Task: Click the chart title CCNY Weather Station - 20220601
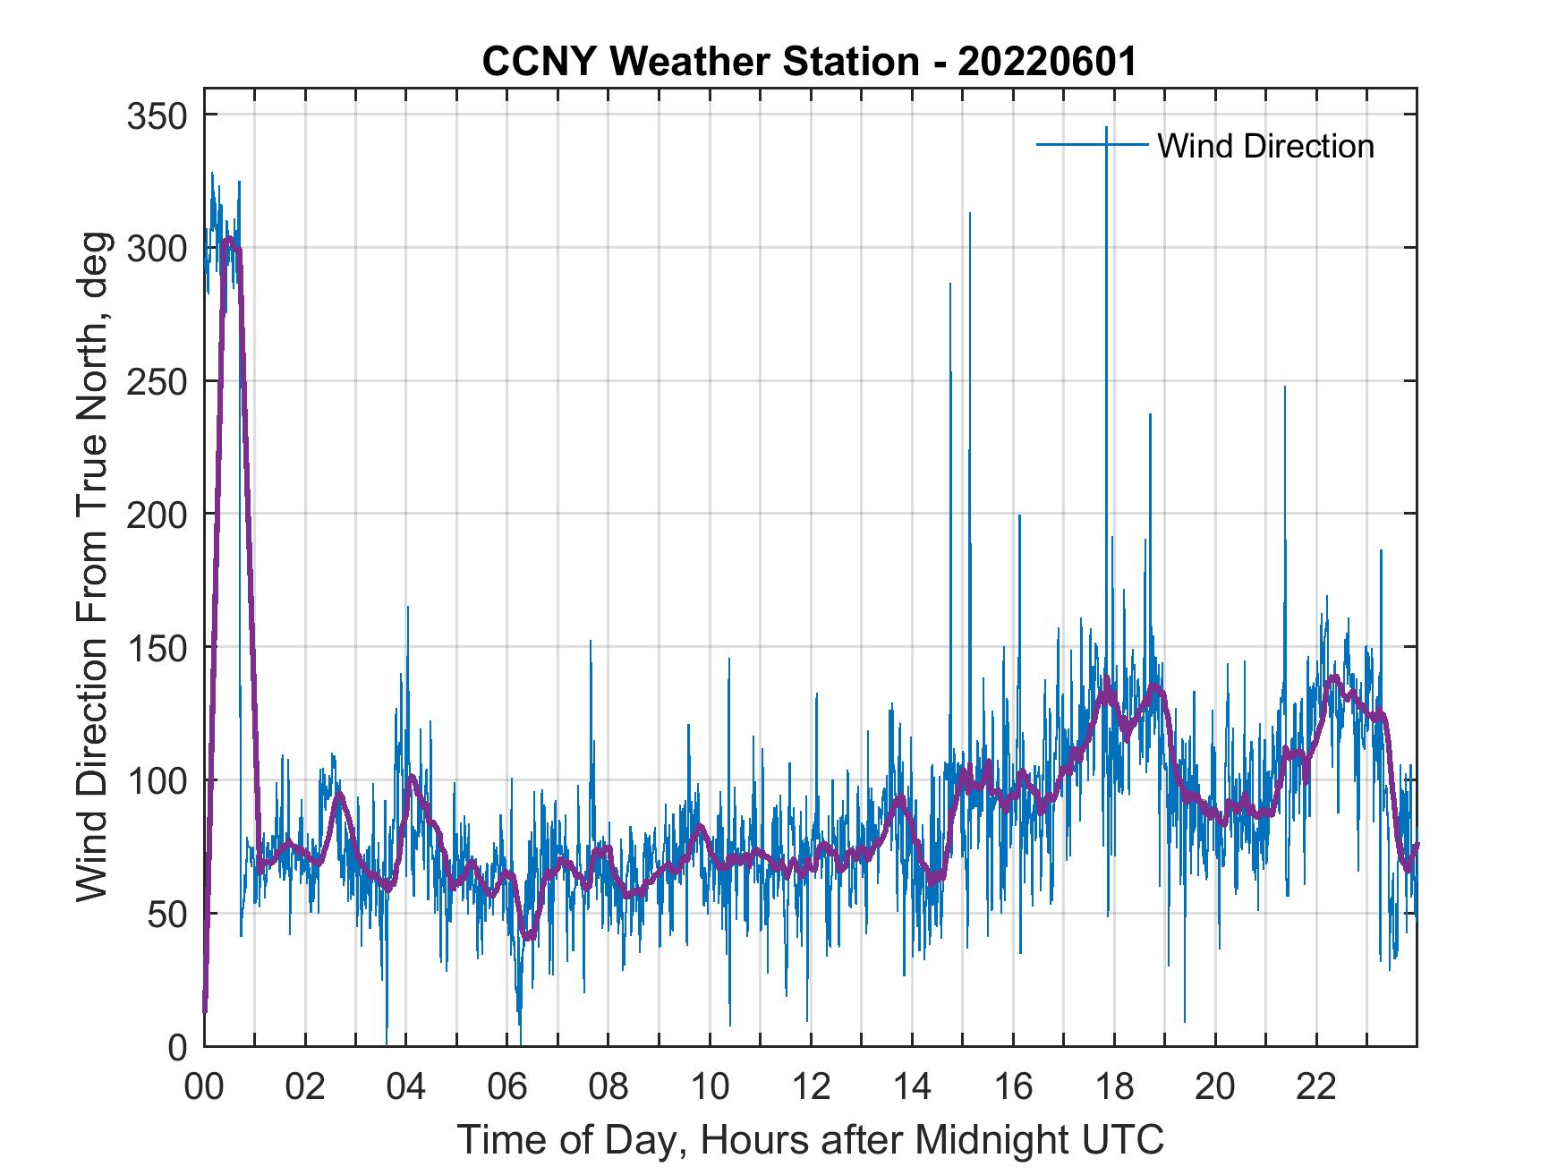pyautogui.click(x=809, y=62)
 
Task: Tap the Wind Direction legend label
pyautogui.click(x=1265, y=146)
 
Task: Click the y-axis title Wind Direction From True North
pyautogui.click(x=92, y=566)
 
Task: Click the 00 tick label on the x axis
pyautogui.click(x=204, y=1087)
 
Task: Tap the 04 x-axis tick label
pyautogui.click(x=406, y=1087)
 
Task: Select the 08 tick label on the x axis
pyautogui.click(x=609, y=1087)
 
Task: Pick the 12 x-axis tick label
pyautogui.click(x=811, y=1087)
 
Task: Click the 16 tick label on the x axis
pyautogui.click(x=1013, y=1087)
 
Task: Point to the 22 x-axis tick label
pyautogui.click(x=1316, y=1087)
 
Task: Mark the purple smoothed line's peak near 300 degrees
pyautogui.click(x=229, y=239)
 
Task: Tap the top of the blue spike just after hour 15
pyautogui.click(x=969, y=213)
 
